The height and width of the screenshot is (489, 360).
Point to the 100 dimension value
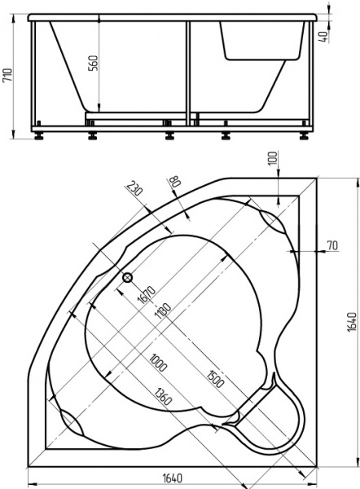(271, 159)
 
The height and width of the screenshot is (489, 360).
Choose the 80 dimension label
(173, 184)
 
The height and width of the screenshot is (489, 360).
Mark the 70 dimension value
(331, 244)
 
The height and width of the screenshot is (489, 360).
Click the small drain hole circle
(127, 277)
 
